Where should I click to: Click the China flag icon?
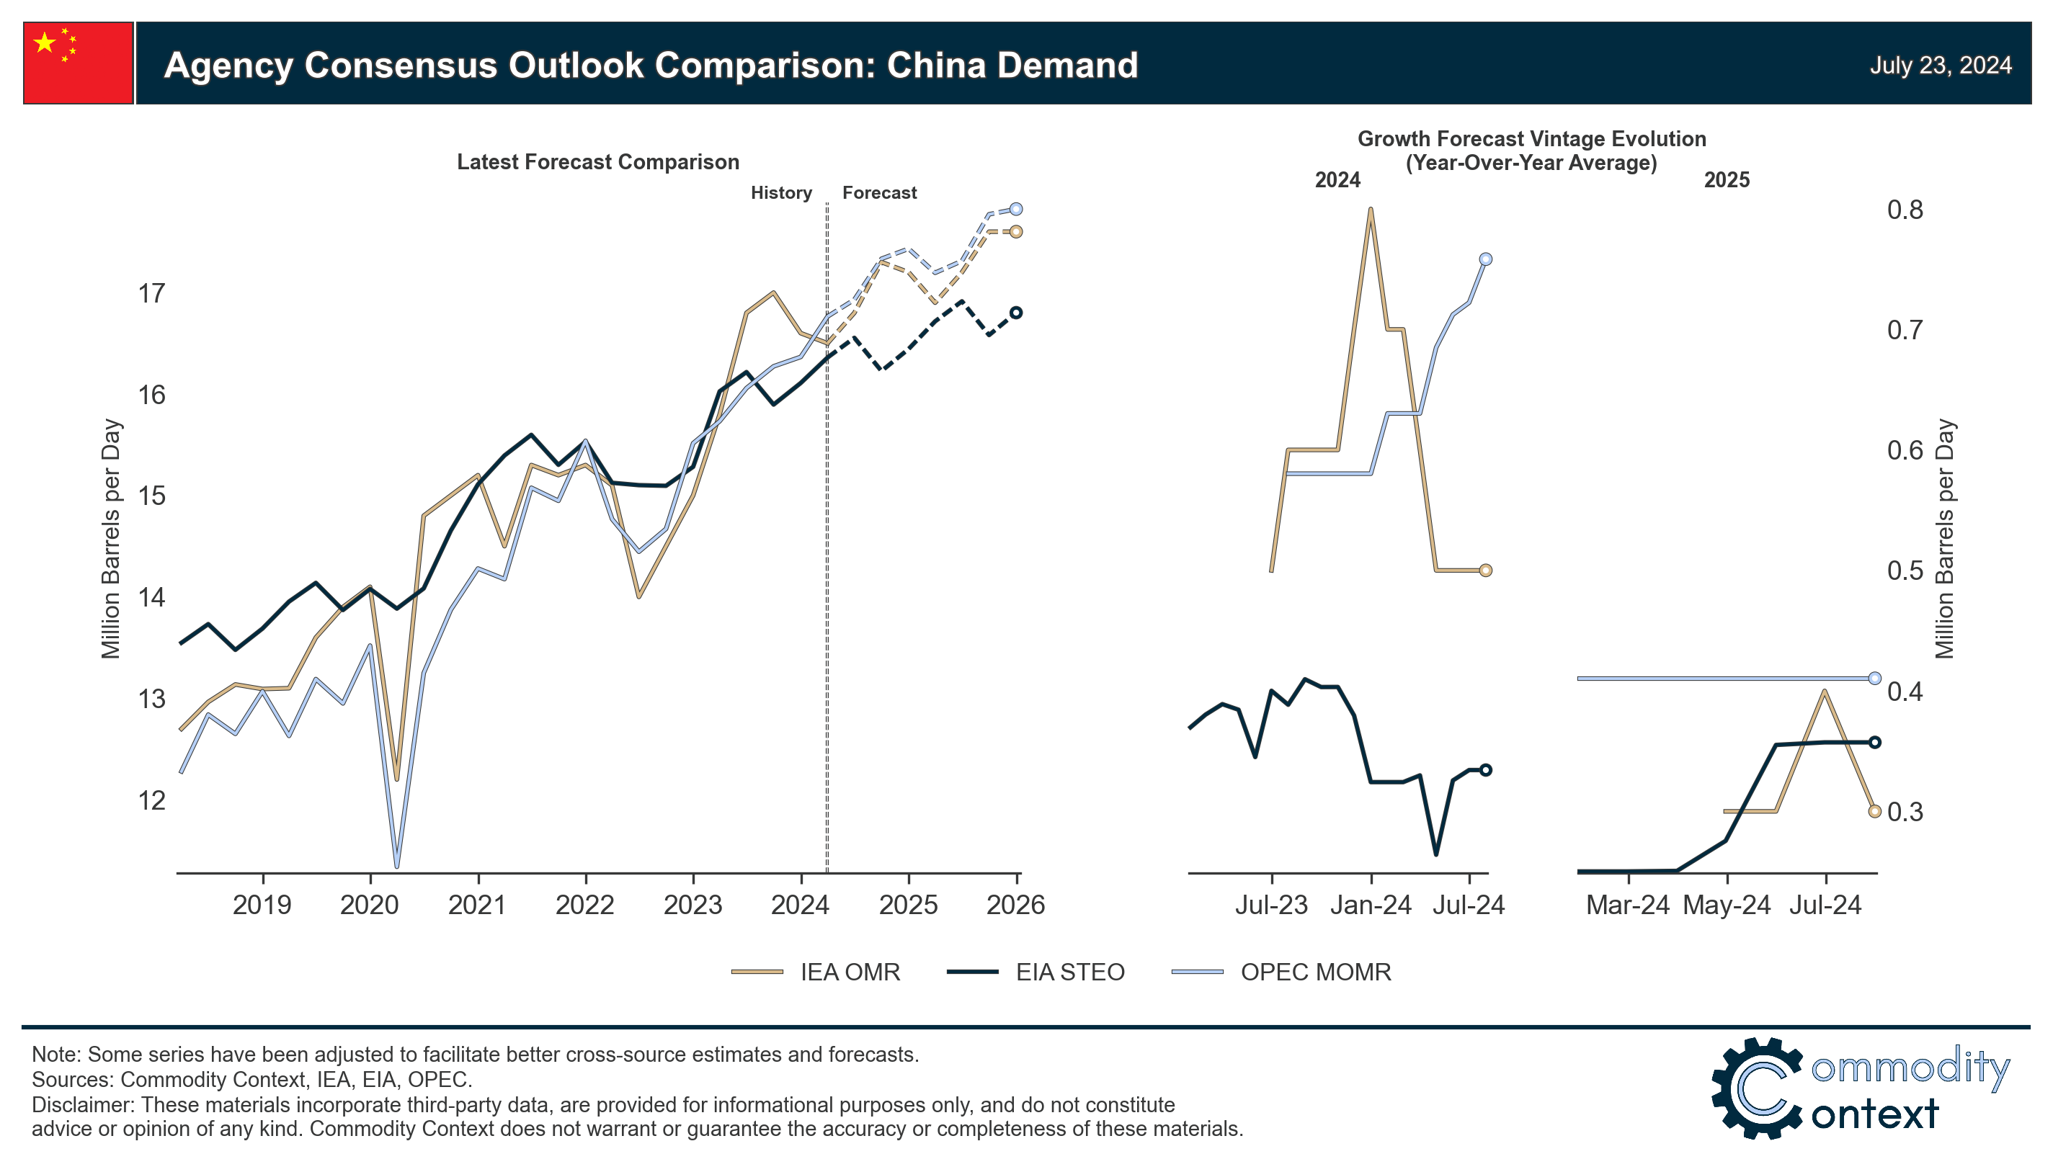[x=78, y=63]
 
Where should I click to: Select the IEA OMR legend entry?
[x=849, y=972]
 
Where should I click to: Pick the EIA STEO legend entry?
[x=1069, y=972]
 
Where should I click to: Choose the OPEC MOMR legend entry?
[x=1314, y=972]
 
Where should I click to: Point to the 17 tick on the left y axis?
[x=151, y=294]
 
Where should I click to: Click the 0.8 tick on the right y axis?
[x=1904, y=210]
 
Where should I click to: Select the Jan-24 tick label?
[x=1371, y=905]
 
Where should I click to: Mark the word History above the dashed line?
[x=781, y=193]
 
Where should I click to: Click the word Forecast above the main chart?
[x=879, y=193]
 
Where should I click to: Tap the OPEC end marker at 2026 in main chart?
[x=1016, y=210]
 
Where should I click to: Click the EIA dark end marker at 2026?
[x=1016, y=313]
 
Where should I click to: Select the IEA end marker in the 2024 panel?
[x=1485, y=571]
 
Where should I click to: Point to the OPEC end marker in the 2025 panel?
[x=1874, y=679]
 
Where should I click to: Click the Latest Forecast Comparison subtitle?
[x=597, y=163]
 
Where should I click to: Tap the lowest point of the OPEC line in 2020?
[x=397, y=866]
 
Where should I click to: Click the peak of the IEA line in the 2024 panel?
[x=1371, y=210]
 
